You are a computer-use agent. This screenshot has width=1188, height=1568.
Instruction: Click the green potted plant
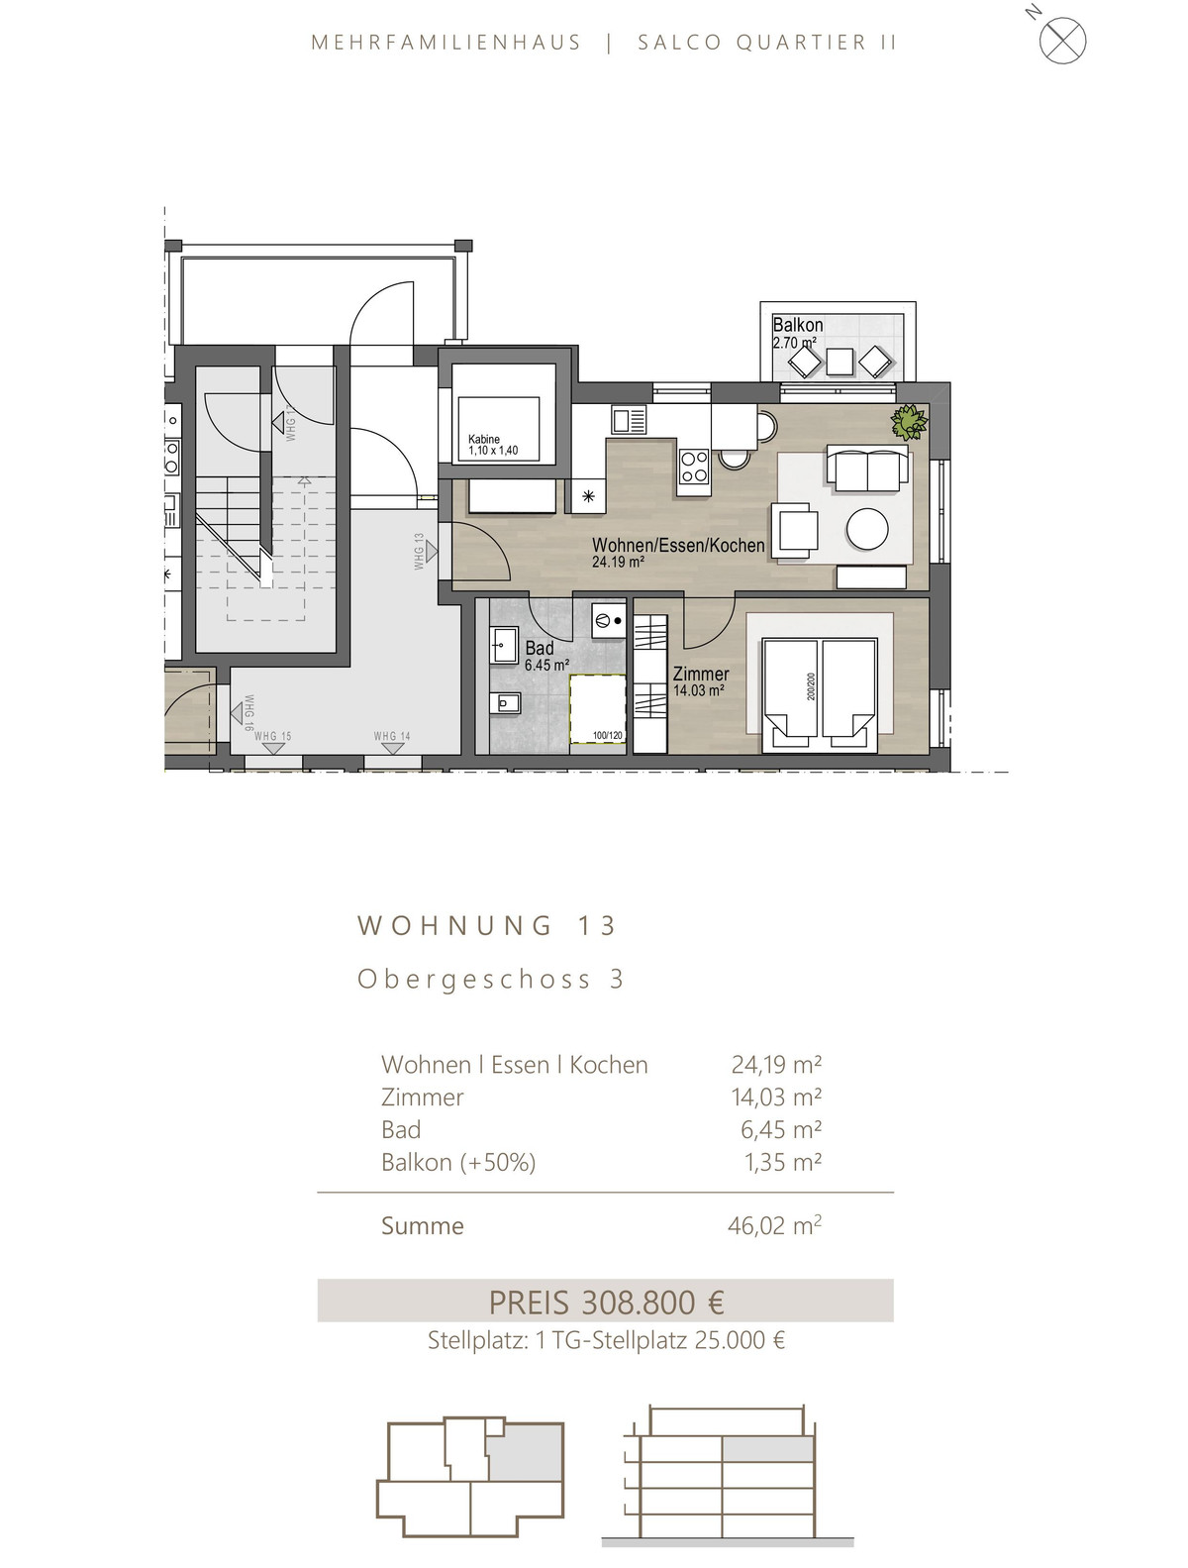pyautogui.click(x=909, y=421)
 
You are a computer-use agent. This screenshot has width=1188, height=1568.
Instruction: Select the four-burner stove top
pyautogui.click(x=693, y=466)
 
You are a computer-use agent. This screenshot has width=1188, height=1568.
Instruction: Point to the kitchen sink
pyautogui.click(x=629, y=419)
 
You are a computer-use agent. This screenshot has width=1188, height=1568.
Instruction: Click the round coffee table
pyautogui.click(x=866, y=529)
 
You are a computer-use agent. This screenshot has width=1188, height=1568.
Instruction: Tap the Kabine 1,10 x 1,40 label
pyautogui.click(x=493, y=445)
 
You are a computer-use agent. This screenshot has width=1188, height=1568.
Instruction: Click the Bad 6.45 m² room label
pyautogui.click(x=546, y=656)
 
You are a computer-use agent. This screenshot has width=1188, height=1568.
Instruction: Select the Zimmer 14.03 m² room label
pyautogui.click(x=700, y=680)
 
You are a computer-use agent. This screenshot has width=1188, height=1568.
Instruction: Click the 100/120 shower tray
pyautogui.click(x=598, y=708)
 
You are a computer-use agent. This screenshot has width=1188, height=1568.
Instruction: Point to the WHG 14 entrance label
pyautogui.click(x=392, y=737)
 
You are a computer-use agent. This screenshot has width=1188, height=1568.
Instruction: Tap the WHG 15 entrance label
pyautogui.click(x=272, y=737)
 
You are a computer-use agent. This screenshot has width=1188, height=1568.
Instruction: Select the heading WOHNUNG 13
pyautogui.click(x=487, y=926)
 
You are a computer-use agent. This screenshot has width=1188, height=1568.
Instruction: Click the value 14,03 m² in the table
pyautogui.click(x=776, y=1097)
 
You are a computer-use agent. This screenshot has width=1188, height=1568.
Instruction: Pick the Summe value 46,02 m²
pyautogui.click(x=774, y=1226)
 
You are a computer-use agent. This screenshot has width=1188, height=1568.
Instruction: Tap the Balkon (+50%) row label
pyautogui.click(x=458, y=1162)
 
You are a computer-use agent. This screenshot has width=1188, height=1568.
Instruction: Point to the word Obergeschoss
pyautogui.click(x=475, y=980)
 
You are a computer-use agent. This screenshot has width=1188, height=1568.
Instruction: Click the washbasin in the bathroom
pyautogui.click(x=504, y=646)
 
